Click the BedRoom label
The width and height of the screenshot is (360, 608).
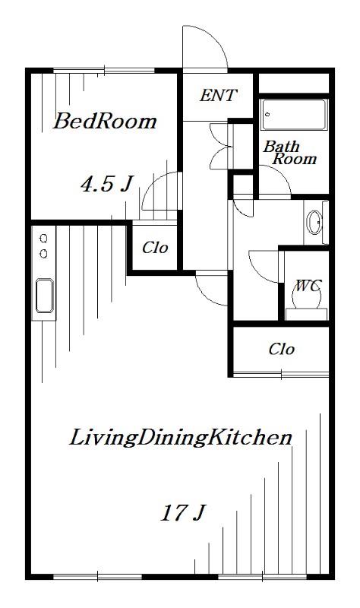tap(105, 121)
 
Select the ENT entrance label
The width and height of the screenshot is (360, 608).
tap(218, 96)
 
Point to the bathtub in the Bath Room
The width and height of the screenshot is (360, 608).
tap(294, 115)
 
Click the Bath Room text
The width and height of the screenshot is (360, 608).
tap(290, 153)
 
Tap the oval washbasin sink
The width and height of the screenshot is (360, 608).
tap(314, 223)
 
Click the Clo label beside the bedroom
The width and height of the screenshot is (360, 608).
tap(155, 248)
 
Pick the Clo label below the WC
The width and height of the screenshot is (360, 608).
tap(281, 349)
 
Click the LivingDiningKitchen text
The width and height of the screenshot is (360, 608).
tap(180, 437)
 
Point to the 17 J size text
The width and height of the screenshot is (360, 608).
tap(182, 512)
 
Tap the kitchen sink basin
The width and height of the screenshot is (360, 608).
tap(45, 296)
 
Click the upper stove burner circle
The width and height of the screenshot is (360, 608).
tap(44, 238)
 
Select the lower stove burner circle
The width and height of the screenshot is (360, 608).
tap(44, 254)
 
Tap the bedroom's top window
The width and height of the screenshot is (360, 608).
tap(104, 71)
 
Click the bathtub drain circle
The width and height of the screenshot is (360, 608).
tap(267, 114)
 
